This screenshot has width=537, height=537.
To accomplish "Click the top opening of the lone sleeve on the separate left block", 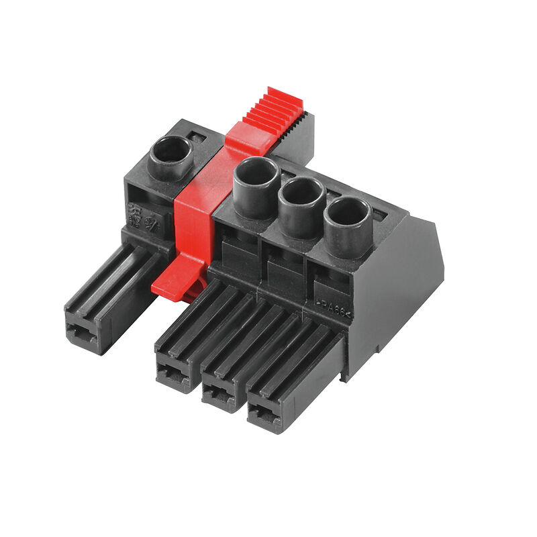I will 168,150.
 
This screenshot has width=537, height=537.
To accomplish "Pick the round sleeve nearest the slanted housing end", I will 347,214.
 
